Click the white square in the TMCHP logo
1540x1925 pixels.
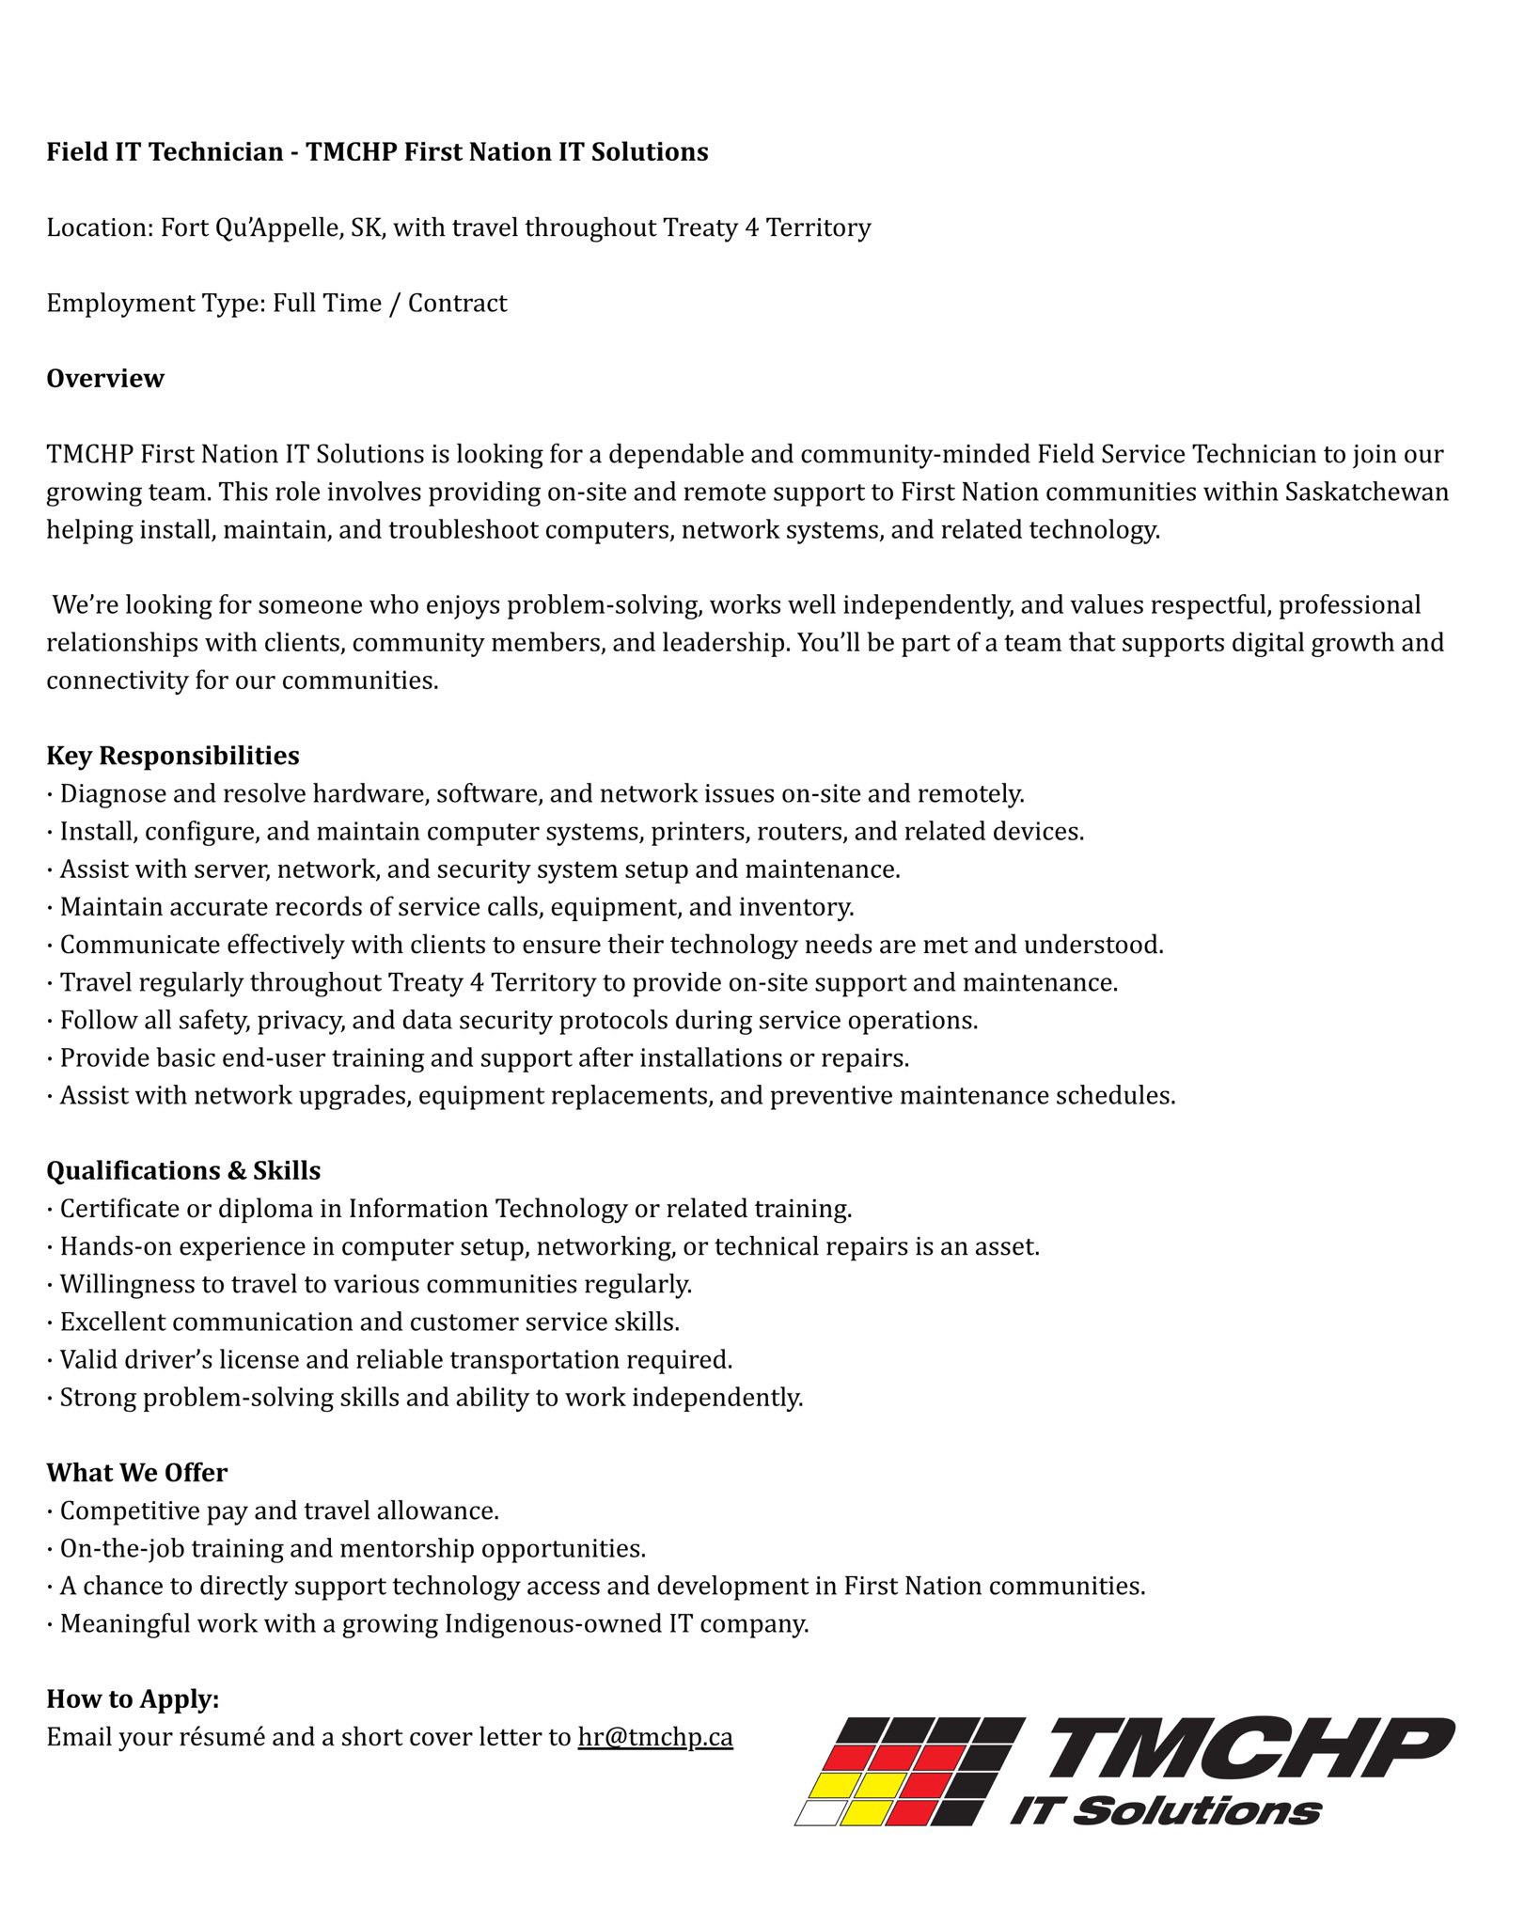click(819, 1812)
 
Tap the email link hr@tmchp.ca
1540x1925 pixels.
click(655, 1737)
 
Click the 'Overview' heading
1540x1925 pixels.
click(105, 379)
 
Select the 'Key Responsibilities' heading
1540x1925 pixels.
click(173, 756)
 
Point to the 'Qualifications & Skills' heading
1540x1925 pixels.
click(183, 1171)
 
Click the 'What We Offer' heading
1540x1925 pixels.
click(137, 1473)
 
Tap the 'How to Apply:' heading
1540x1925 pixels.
click(133, 1699)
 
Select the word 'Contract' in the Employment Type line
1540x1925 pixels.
click(457, 304)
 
